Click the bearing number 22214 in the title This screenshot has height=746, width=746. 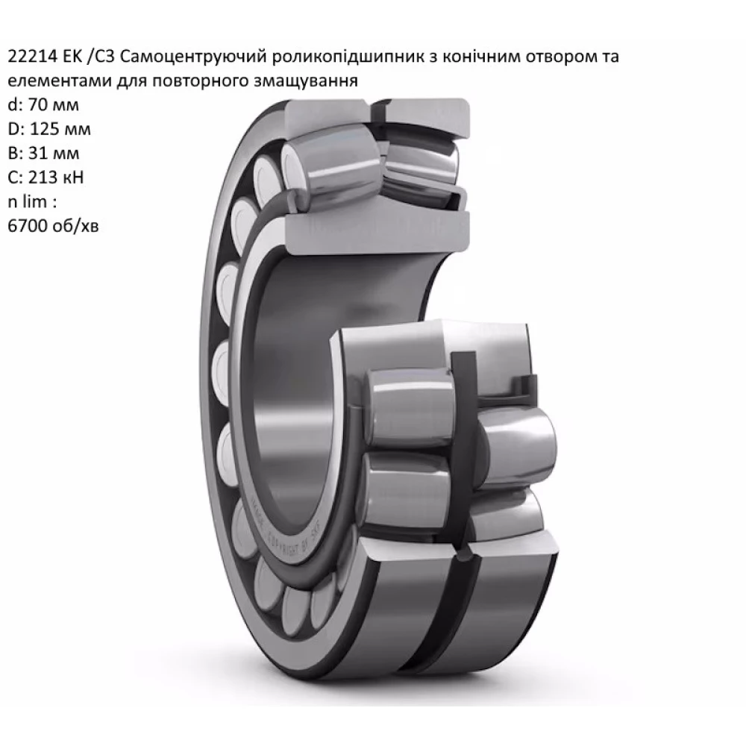[x=28, y=57]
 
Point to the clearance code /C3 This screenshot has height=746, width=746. [x=95, y=57]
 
